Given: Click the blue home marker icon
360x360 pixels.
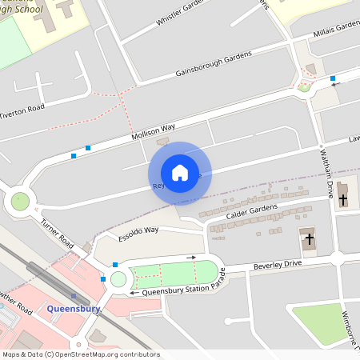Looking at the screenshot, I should (180, 172).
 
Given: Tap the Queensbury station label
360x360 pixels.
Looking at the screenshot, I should (74, 308).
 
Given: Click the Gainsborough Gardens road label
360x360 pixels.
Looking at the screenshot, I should (214, 65).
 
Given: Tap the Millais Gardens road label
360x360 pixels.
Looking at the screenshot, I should (335, 28).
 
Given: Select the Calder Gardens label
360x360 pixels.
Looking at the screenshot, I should (252, 211).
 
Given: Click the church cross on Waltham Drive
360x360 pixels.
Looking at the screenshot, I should (343, 198).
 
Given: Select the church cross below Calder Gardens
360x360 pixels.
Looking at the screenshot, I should (308, 239).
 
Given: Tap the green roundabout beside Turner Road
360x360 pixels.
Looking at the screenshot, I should (20, 202).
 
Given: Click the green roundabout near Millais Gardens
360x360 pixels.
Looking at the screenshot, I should (304, 86).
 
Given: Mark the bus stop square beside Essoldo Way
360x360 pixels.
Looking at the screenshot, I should (115, 264).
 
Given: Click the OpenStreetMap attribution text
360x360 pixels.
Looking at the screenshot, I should (80, 354).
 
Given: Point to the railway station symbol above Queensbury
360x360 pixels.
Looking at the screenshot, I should (74, 295).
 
